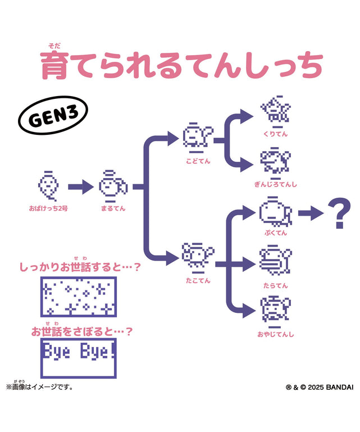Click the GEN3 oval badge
(x=53, y=115)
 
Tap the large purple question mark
(x=339, y=213)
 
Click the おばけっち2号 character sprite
(x=48, y=186)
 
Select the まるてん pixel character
(x=113, y=187)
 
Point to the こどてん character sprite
(x=198, y=138)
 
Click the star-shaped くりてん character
(x=276, y=112)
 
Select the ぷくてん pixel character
(x=275, y=212)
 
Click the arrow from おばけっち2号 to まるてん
(x=81, y=187)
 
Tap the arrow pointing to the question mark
(x=311, y=213)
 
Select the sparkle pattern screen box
(x=79, y=297)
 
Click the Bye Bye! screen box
(x=79, y=358)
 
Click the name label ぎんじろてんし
(x=276, y=184)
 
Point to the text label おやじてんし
(x=276, y=334)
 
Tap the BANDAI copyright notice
(x=320, y=387)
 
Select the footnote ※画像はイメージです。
(x=40, y=386)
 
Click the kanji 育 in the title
(x=55, y=66)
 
